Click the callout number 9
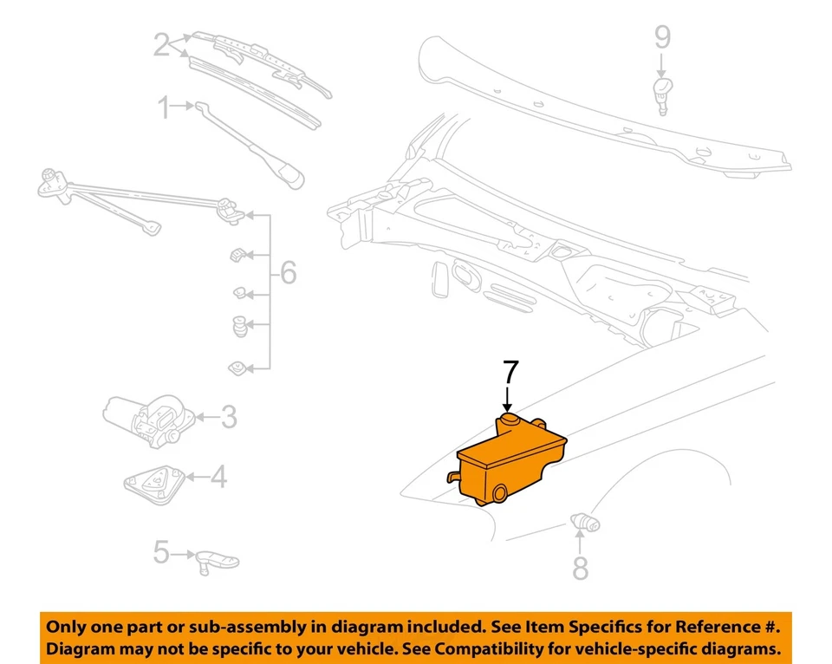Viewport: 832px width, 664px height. pos(661,36)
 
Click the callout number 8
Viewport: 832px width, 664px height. pos(580,568)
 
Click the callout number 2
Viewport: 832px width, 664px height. pos(161,44)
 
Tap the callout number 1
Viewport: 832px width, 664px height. pos(164,108)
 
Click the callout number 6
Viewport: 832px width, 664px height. pos(288,274)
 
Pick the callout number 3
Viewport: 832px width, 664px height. pos(227,418)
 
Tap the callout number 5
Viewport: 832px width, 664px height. pos(160,552)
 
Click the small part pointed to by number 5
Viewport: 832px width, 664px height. pos(211,557)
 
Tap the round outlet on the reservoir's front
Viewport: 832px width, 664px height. pos(500,494)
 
